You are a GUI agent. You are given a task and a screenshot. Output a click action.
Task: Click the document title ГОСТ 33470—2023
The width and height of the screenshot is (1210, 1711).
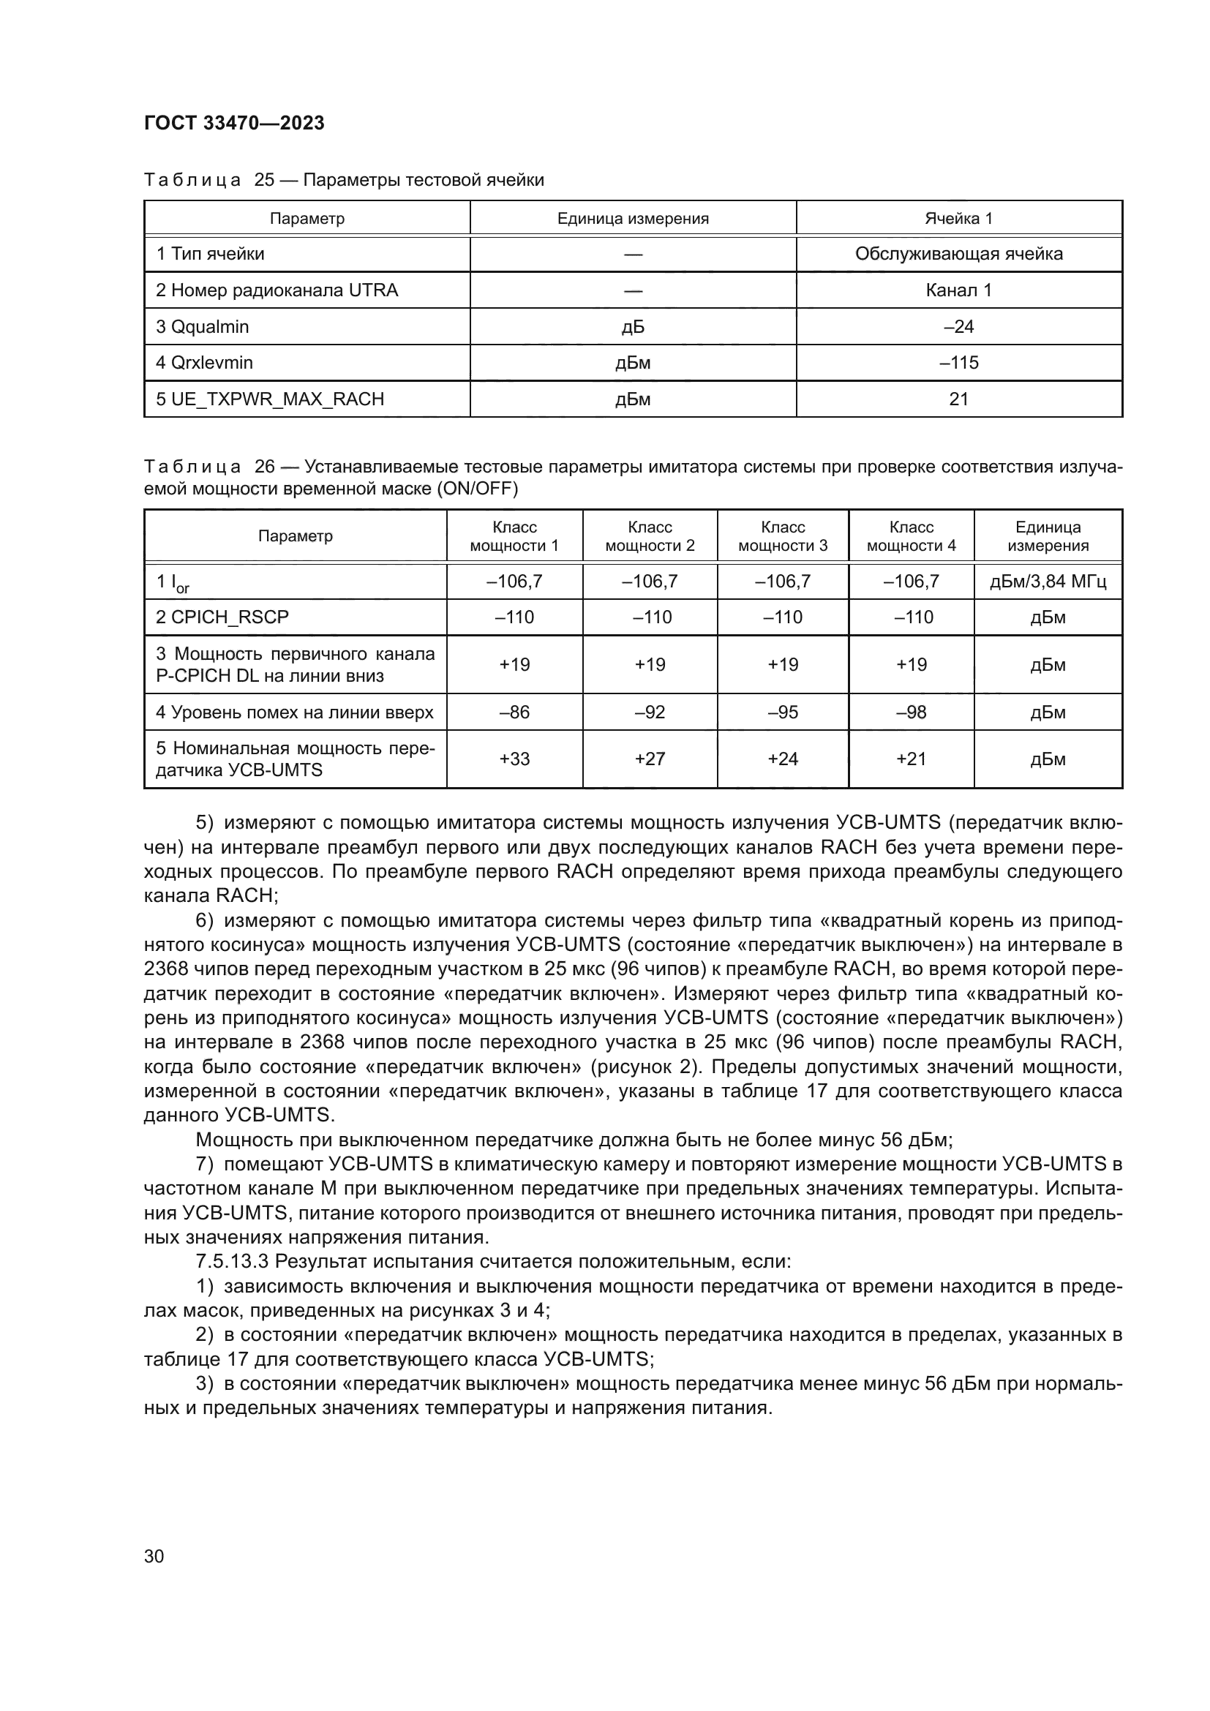point(234,123)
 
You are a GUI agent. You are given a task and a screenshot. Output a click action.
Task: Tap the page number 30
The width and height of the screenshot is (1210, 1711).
point(154,1556)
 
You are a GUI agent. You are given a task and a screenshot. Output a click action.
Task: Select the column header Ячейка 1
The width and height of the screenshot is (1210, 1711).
point(958,218)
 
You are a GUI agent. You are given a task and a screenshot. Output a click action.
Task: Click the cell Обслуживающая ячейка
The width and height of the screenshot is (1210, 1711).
point(958,254)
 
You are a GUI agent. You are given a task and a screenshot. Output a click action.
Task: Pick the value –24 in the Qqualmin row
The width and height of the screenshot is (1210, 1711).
point(958,326)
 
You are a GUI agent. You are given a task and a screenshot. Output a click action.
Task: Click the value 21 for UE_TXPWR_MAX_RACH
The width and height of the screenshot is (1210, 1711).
point(958,399)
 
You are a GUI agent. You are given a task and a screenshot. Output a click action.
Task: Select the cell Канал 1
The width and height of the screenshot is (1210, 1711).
point(958,290)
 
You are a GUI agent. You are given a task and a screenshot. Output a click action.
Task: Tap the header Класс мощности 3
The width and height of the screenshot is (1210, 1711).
point(782,535)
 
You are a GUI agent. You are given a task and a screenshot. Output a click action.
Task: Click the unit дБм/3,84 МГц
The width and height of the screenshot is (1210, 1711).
point(1048,582)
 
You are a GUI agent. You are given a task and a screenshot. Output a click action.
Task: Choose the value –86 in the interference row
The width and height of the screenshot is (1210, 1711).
point(514,712)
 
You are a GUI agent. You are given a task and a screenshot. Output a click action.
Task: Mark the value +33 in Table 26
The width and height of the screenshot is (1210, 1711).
point(514,759)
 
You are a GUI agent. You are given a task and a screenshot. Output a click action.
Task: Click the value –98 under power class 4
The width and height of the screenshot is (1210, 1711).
point(912,712)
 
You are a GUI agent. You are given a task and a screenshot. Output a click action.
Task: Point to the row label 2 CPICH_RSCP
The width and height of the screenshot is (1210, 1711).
point(222,617)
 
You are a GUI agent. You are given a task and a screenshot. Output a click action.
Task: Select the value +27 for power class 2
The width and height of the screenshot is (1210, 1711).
point(650,759)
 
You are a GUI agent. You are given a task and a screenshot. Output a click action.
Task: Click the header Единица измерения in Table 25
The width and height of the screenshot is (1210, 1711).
point(633,218)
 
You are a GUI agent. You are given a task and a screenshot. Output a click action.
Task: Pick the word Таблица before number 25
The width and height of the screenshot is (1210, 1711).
point(192,180)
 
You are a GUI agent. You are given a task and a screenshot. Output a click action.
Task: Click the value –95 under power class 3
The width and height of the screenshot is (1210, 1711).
point(782,712)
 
